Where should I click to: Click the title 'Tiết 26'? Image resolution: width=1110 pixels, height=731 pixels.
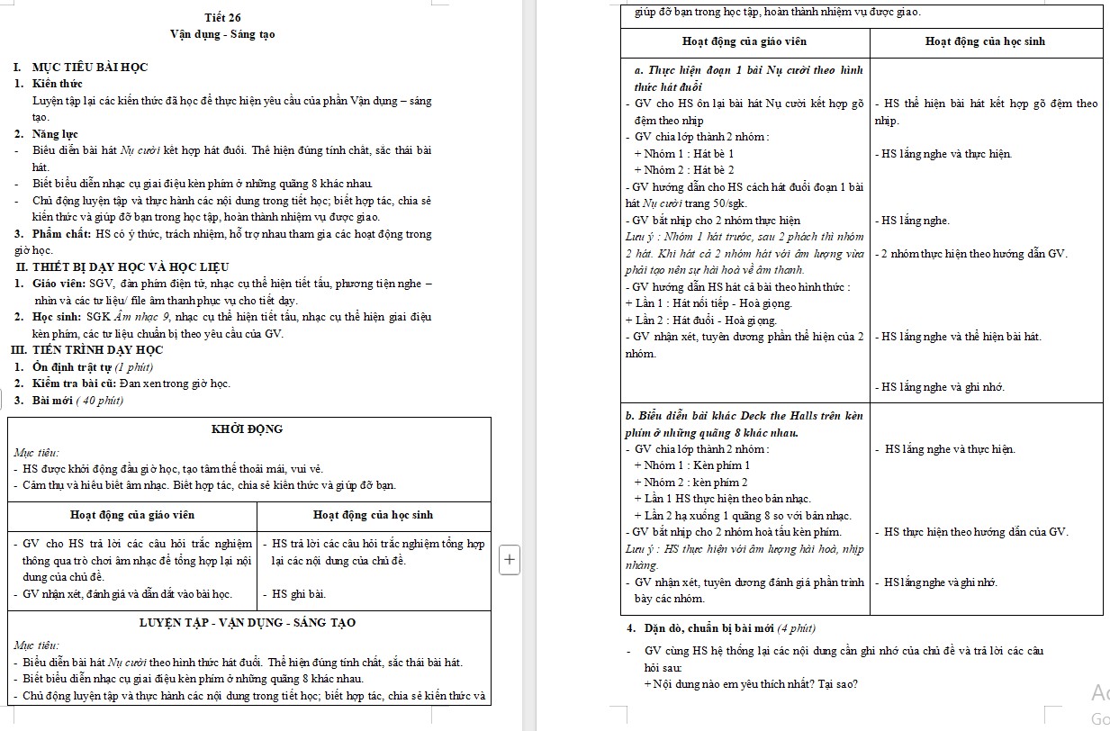(222, 18)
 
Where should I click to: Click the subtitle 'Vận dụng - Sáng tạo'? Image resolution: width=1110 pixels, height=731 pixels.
(222, 34)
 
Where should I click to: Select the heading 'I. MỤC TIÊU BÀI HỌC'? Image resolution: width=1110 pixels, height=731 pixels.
(80, 68)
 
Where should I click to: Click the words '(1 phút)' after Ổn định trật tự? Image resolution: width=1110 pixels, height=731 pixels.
(132, 367)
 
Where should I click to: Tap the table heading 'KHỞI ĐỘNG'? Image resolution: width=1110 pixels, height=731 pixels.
(247, 429)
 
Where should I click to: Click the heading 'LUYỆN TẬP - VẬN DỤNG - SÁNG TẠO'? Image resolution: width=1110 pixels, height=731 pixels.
(248, 623)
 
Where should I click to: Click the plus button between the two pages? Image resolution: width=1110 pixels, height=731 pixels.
(510, 558)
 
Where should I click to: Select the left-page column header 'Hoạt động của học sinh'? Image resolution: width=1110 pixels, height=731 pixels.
(373, 515)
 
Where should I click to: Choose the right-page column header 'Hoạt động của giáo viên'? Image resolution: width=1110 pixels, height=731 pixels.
(745, 41)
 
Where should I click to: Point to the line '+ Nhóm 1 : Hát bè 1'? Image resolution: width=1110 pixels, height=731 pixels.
(683, 154)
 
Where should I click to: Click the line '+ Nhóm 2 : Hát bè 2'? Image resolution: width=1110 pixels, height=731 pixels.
(684, 170)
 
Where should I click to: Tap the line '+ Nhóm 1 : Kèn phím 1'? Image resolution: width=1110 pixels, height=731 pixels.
(691, 465)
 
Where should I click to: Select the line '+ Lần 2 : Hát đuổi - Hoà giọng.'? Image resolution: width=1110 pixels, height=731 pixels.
(701, 320)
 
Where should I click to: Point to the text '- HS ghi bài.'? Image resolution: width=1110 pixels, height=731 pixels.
(293, 594)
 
